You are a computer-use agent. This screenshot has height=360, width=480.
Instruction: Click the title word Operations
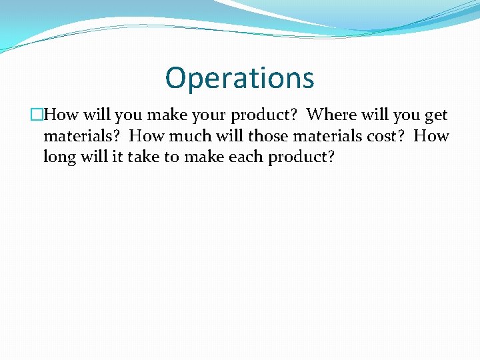239,78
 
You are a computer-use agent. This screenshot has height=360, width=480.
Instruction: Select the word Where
332,115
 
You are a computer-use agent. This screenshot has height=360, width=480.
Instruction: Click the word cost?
385,137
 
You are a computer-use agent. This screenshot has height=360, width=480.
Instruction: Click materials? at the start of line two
81,137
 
